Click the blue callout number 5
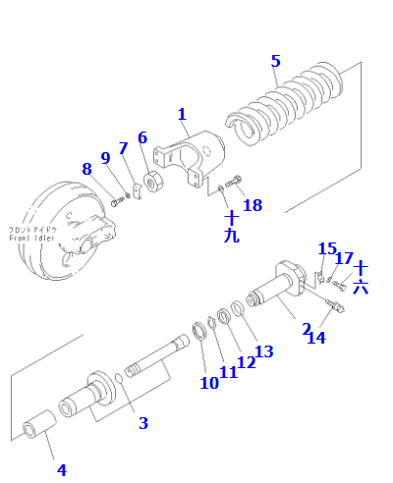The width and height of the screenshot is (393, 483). point(276,61)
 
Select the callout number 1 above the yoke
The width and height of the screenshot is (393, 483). point(183,115)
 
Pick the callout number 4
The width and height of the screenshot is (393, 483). point(61,469)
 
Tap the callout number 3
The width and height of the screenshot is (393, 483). point(142,423)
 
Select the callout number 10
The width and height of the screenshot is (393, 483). point(208,383)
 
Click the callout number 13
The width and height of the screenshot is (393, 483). point(263,351)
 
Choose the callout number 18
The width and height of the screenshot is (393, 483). point(253,205)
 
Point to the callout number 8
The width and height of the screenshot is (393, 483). point(86,168)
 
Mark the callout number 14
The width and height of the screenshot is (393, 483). point(316,338)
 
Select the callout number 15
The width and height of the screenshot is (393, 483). point(327,249)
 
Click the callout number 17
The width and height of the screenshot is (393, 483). point(344,258)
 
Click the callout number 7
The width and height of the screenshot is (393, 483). point(124,148)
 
